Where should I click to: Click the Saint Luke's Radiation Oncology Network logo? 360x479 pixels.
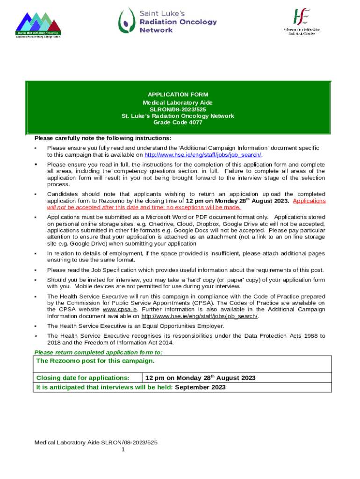(x=167, y=21)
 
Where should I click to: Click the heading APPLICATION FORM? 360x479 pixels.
(x=178, y=94)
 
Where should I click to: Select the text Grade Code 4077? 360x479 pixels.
(x=178, y=123)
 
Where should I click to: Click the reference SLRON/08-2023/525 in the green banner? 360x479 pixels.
(x=178, y=109)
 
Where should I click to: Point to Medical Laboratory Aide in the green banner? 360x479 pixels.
(x=178, y=102)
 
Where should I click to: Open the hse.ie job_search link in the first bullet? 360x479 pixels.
(x=203, y=155)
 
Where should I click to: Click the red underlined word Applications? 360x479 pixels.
(x=309, y=201)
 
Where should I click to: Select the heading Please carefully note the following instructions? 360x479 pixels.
(x=103, y=138)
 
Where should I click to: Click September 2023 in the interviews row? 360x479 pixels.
(x=200, y=387)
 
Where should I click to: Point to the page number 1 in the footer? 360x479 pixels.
(x=123, y=450)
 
